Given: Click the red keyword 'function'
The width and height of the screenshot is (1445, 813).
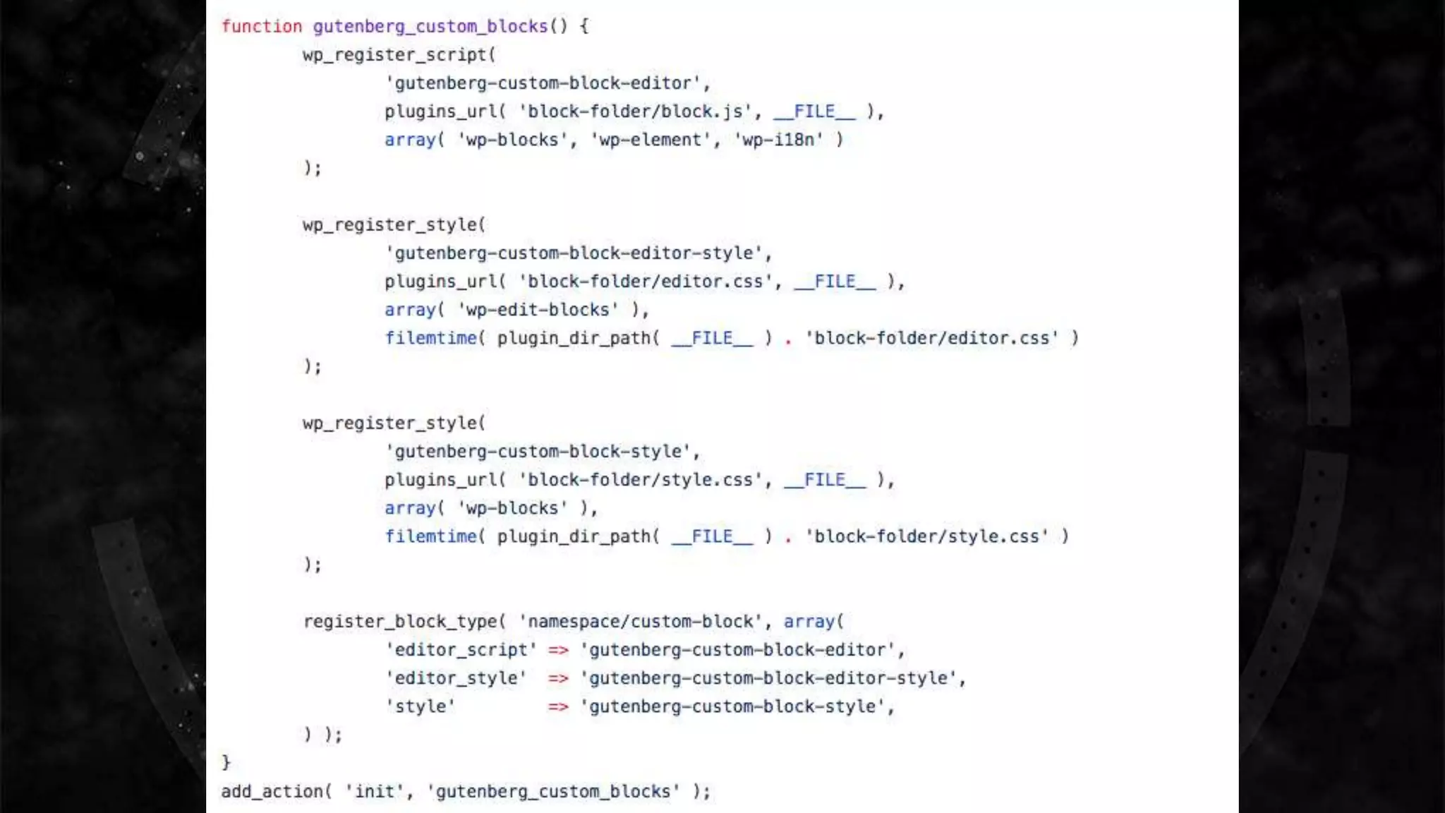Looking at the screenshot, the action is tap(261, 27).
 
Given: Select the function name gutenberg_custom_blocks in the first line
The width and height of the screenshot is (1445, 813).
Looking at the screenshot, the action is tap(430, 27).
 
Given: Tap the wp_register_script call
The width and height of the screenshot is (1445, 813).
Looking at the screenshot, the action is tap(394, 55).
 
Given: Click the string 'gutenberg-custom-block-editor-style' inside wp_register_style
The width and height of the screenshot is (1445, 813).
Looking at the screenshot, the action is tap(574, 253).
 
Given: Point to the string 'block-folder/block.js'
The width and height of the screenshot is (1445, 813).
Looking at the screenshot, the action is tap(636, 112).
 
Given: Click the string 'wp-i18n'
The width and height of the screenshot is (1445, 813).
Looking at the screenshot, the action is tap(778, 140).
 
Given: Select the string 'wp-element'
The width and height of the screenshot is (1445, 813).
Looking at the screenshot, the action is tap(650, 140).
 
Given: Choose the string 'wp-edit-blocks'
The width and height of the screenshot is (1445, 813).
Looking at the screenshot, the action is tap(538, 310).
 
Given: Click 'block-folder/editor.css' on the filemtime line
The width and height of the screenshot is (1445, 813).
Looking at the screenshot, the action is tap(932, 338).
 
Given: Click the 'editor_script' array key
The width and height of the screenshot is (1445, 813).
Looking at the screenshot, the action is tap(461, 650).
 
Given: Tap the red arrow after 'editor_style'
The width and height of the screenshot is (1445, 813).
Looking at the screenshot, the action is tap(558, 678).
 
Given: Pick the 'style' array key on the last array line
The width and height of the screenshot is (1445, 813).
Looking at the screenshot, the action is tap(421, 706).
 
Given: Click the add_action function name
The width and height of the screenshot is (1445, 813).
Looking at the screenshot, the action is tap(272, 792).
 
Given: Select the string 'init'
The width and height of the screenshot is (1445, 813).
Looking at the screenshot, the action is tap(374, 792).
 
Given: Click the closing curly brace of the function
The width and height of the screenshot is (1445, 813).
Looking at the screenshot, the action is tap(226, 763).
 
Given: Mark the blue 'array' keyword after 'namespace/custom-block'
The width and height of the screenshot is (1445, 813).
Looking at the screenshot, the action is tap(809, 622).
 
